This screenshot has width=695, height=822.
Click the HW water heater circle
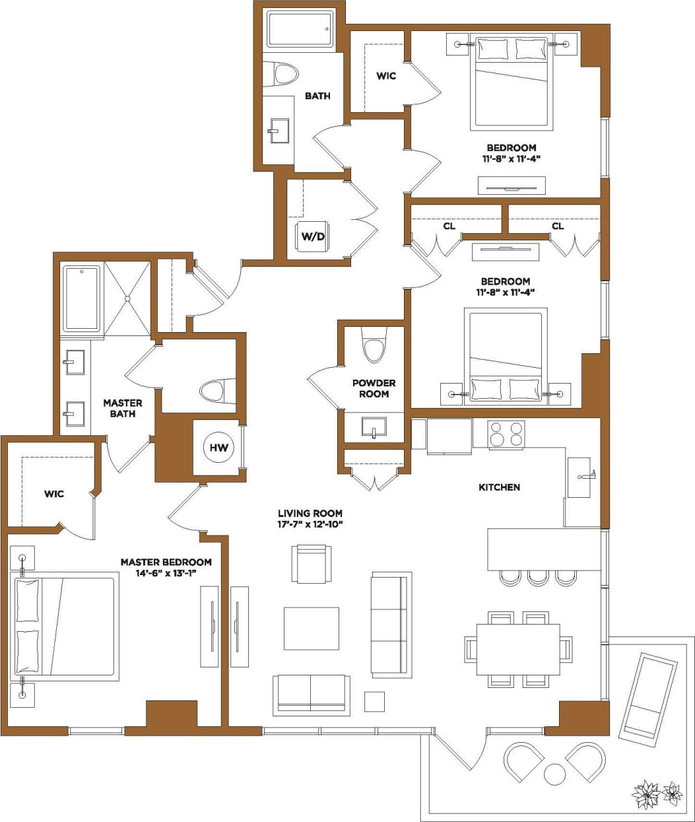[219, 448]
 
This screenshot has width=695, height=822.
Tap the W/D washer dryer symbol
[314, 236]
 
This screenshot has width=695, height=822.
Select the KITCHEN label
[499, 487]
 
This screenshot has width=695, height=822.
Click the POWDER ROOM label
[374, 388]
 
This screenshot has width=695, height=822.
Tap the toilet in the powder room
[374, 349]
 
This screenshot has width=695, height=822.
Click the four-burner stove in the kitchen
[506, 434]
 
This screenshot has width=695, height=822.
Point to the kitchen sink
[579, 476]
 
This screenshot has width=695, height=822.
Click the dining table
[518, 649]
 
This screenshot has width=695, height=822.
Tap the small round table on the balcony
[555, 774]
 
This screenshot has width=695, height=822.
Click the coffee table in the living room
[312, 629]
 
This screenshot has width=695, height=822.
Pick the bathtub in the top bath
[300, 28]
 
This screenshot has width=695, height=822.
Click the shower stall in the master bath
[127, 298]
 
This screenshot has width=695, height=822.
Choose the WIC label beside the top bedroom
[386, 76]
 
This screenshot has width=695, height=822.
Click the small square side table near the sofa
[374, 701]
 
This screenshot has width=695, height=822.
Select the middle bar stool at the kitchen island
[537, 578]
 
